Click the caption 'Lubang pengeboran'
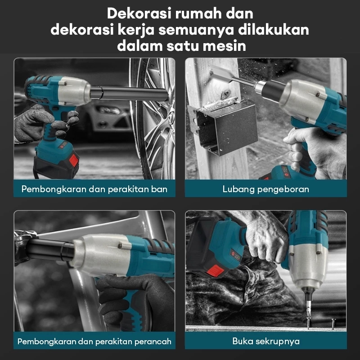coord(265,189)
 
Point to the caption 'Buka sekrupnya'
coord(266,341)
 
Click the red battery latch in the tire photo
coord(73,161)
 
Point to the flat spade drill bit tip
coord(221,72)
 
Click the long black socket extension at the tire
coord(129,94)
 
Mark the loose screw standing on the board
coord(333,324)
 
